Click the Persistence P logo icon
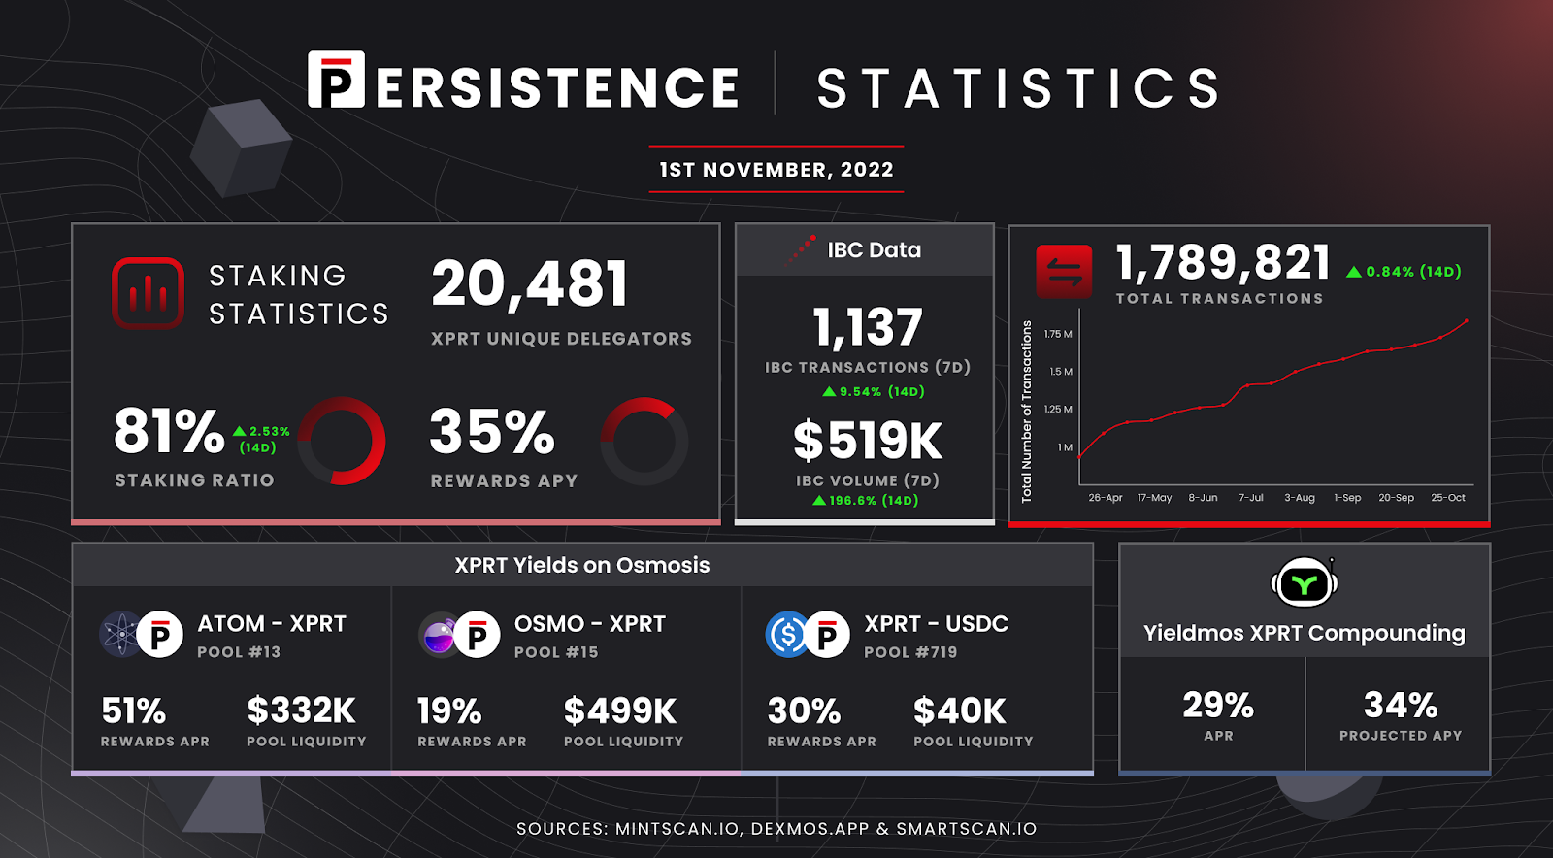point(336,80)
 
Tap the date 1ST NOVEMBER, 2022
point(776,170)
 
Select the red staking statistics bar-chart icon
point(148,293)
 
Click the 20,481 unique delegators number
point(530,284)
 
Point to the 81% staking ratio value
point(169,431)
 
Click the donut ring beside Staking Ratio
point(342,441)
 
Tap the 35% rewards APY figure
point(492,432)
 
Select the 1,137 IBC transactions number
point(867,327)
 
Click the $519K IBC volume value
point(867,441)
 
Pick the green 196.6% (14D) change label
point(866,501)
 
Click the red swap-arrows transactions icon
point(1064,272)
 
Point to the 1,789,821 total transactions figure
point(1223,262)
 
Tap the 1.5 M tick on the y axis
point(1060,372)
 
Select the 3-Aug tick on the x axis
point(1299,498)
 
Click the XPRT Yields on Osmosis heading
point(582,565)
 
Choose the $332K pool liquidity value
point(301,710)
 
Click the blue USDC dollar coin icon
point(787,635)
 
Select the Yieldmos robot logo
point(1304,583)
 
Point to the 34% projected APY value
point(1400,705)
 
